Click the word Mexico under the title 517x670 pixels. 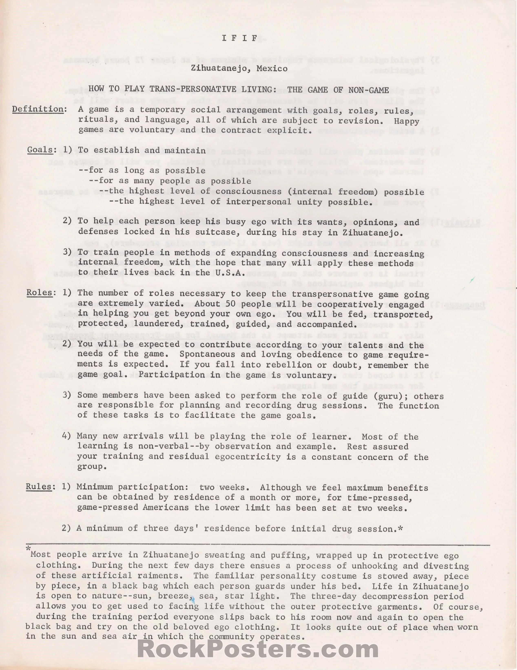[272, 69]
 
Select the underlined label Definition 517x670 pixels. [38, 109]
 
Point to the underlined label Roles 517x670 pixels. [39, 292]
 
